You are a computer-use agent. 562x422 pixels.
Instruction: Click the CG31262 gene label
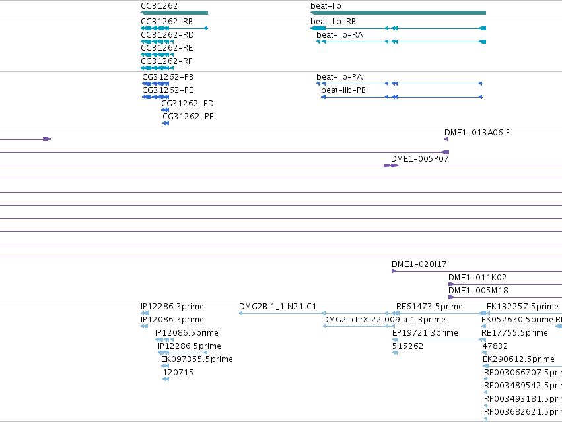[159, 6]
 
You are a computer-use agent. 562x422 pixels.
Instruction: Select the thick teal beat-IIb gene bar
[398, 13]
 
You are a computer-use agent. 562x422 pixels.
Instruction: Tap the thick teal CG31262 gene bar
[174, 13]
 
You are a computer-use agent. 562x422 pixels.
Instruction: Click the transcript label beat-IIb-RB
[333, 22]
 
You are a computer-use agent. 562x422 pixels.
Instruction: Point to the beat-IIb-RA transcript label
[340, 35]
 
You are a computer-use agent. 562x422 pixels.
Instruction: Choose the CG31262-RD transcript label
[167, 35]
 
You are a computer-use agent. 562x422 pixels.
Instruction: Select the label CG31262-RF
[166, 61]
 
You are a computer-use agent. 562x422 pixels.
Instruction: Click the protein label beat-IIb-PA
[339, 77]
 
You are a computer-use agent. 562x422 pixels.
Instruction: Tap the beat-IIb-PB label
[343, 90]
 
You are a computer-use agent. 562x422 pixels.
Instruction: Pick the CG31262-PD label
[188, 104]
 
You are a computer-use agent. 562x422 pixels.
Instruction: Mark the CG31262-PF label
[188, 117]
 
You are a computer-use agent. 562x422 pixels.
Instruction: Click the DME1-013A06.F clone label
[477, 133]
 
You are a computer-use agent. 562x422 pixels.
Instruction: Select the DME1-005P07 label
[420, 159]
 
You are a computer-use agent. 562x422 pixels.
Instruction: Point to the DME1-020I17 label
[419, 264]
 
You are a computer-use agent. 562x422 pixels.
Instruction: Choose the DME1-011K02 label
[477, 278]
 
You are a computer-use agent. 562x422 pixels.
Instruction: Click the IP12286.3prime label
[172, 307]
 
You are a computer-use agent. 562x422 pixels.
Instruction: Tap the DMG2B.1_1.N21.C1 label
[278, 307]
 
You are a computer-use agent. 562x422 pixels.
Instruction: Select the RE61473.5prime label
[429, 307]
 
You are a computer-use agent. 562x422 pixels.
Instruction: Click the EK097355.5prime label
[197, 359]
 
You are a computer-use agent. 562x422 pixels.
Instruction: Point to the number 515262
[408, 346]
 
